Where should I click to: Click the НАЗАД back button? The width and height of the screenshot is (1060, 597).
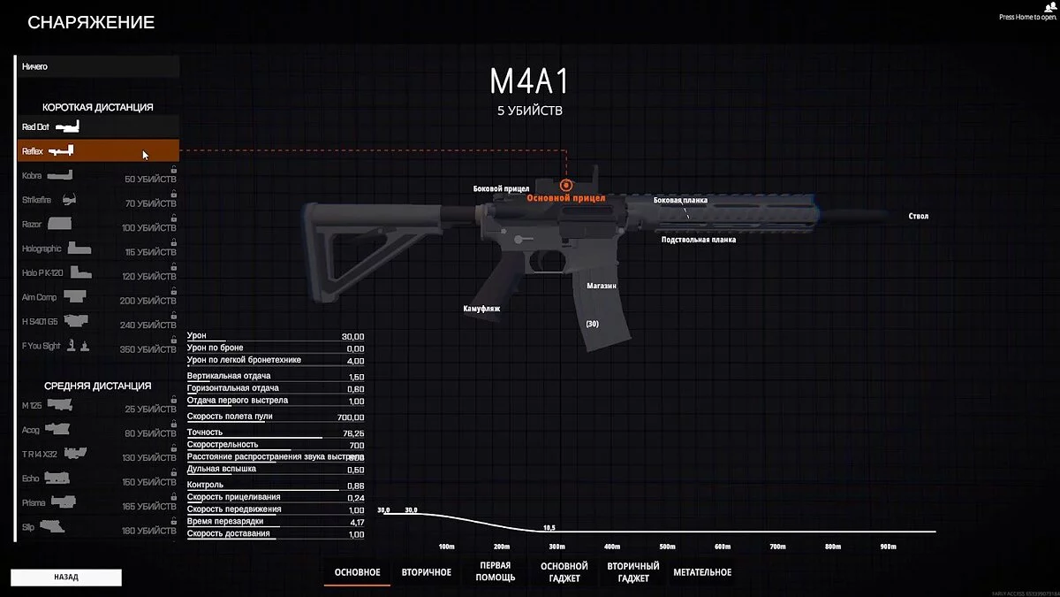pos(65,577)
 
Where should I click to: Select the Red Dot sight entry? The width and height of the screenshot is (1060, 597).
pos(97,127)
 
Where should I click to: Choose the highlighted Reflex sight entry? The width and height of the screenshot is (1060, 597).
pos(97,151)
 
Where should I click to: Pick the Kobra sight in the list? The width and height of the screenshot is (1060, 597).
pos(97,176)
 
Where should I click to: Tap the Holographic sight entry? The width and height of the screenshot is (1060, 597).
pos(97,249)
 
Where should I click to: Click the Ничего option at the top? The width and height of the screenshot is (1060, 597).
pos(97,66)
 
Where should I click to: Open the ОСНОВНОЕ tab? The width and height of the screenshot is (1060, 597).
pos(357,572)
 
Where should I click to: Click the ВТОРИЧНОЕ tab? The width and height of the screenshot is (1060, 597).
pos(426,572)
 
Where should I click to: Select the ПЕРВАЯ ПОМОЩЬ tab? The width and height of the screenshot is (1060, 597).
pos(496,571)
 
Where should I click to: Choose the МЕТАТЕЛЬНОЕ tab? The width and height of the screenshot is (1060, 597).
pos(702,572)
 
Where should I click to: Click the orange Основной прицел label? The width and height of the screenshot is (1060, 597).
pos(566,199)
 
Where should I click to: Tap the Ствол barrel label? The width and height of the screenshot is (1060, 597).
pos(918,216)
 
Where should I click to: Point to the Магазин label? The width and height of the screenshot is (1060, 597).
pos(601,287)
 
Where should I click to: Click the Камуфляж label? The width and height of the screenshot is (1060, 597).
pos(482,309)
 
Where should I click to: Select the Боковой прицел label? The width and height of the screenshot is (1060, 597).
pos(501,188)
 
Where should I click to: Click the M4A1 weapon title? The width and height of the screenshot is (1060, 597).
pos(529,81)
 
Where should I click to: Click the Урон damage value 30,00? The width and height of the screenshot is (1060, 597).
pos(352,337)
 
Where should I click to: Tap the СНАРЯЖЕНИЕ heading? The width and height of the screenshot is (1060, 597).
pos(91,23)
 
